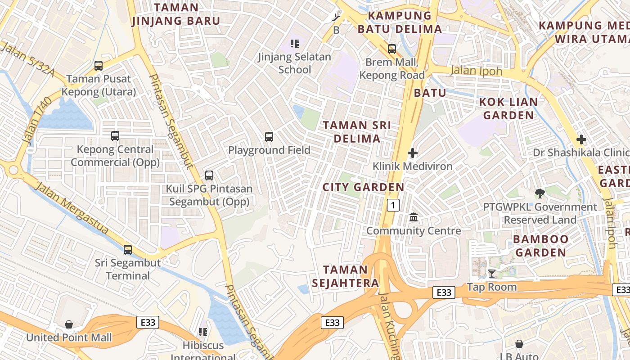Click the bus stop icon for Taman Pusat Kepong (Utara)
[99, 66]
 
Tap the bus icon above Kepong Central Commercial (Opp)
[115, 136]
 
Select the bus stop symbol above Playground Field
[269, 137]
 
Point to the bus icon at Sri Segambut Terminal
[128, 250]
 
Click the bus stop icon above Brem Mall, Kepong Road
[392, 49]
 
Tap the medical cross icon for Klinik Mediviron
[413, 153]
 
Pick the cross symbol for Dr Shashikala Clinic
[581, 139]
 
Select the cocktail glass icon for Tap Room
[492, 274]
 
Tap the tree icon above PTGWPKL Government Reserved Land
[540, 194]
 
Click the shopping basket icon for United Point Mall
[69, 324]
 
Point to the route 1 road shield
[393, 206]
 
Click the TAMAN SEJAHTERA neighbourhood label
[352, 276]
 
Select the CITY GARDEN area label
[363, 187]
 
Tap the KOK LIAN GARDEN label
[508, 108]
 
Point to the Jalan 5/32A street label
[27, 59]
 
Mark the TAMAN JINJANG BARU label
[176, 14]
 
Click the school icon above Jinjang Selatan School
[295, 44]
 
